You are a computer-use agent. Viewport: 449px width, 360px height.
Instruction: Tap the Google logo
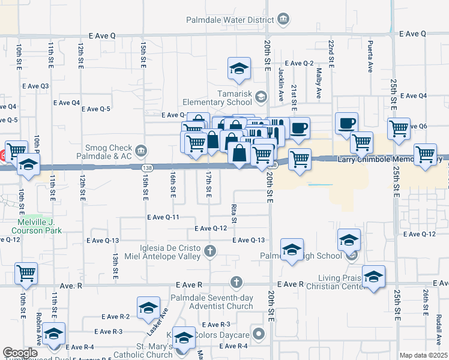click(x=20, y=353)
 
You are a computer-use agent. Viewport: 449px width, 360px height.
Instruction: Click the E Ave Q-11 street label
click(x=164, y=217)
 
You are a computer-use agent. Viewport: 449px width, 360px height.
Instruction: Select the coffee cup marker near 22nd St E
click(x=346, y=123)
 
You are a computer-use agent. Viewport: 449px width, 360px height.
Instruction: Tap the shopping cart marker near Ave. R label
click(x=26, y=273)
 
